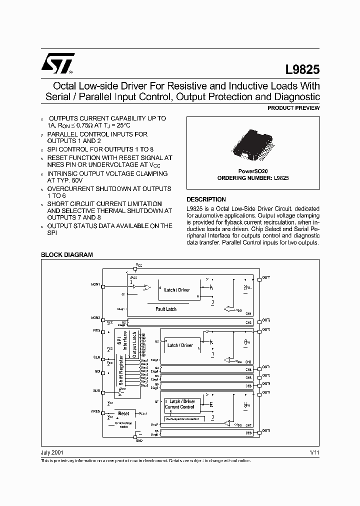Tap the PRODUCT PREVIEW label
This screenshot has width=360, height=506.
click(x=293, y=108)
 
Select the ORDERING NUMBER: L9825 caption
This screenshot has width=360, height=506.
click(x=252, y=178)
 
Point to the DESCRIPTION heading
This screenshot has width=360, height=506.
click(x=206, y=199)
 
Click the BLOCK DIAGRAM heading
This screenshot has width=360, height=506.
click(x=66, y=254)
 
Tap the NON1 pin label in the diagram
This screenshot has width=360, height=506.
click(x=95, y=285)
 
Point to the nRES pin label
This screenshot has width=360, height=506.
click(x=95, y=411)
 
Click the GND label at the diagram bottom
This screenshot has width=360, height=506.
click(x=139, y=441)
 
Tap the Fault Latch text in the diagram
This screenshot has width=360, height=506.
click(x=166, y=309)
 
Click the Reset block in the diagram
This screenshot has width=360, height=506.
click(x=123, y=413)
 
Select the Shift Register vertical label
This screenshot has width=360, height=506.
click(x=120, y=370)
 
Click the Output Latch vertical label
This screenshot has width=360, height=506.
click(x=134, y=343)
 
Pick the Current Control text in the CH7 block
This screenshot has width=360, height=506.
click(x=180, y=407)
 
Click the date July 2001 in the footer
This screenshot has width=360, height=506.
click(x=51, y=452)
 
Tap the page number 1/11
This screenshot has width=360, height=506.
click(x=314, y=452)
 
